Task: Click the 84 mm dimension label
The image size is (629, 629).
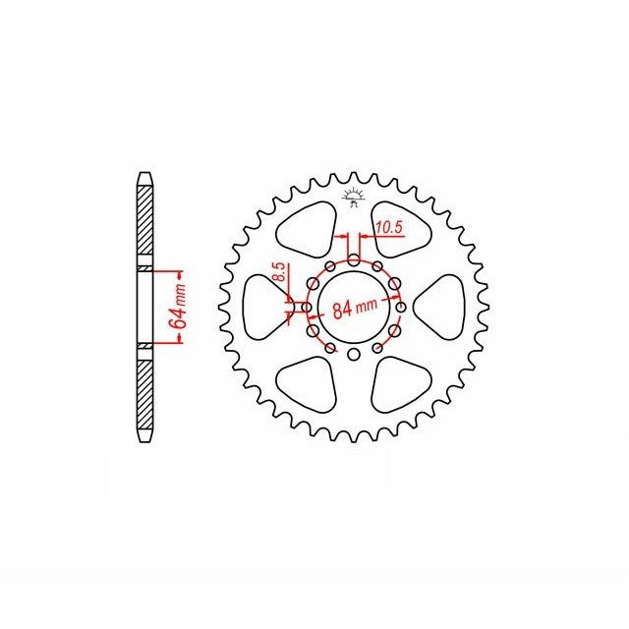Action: coord(355,308)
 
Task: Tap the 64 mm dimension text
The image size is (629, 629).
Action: coord(178,307)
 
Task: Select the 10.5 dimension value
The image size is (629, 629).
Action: coord(389,228)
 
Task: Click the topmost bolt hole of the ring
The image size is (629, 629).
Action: coord(354,259)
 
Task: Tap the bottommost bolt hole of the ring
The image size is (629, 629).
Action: coord(354,354)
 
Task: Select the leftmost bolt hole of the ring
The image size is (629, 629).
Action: coord(307,308)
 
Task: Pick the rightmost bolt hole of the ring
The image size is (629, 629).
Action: coord(401,308)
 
